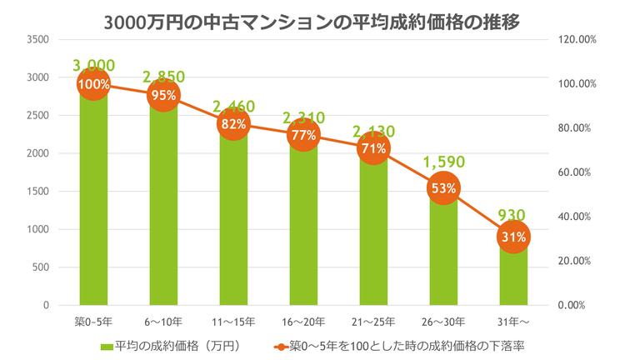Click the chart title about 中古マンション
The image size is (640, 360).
[320, 21]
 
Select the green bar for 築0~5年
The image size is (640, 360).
[92, 208]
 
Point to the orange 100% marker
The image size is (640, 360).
[92, 84]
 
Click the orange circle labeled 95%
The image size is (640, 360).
[162, 95]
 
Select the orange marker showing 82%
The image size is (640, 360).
[232, 124]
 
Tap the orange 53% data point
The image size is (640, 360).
[442, 188]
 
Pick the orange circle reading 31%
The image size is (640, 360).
[512, 237]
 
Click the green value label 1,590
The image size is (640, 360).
[442, 161]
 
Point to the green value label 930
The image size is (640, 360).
[512, 215]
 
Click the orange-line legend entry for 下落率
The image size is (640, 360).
[400, 343]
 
